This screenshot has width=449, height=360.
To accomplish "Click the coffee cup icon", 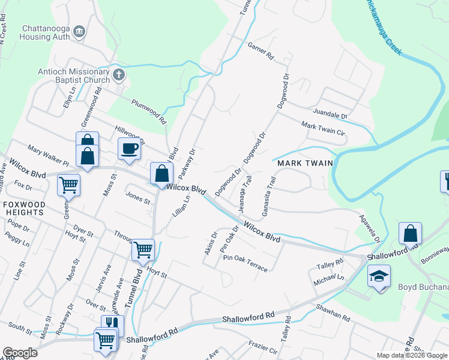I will pyautogui.click(x=129, y=148).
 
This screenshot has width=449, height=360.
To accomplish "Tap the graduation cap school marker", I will pyautogui.click(x=379, y=276).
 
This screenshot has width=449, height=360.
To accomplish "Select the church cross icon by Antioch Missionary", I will pyautogui.click(x=119, y=75).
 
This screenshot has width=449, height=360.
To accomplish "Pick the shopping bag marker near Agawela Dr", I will pyautogui.click(x=410, y=233).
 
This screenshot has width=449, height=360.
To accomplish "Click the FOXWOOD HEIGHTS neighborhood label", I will pyautogui.click(x=24, y=208).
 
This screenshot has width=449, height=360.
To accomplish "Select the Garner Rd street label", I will pyautogui.click(x=260, y=52).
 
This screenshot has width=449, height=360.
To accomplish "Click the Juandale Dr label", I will pyautogui.click(x=330, y=113).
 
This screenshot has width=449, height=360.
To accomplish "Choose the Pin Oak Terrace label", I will pyautogui.click(x=245, y=263).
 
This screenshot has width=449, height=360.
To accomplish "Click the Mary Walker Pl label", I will pyautogui.click(x=48, y=154).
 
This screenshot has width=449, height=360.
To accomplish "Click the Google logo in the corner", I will pyautogui.click(x=20, y=352).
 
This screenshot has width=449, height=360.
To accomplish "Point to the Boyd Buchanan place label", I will pyautogui.click(x=423, y=287).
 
